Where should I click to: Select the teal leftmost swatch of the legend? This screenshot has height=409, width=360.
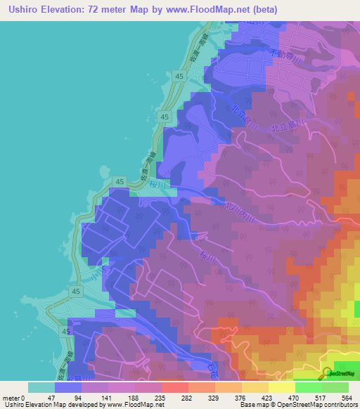(x=41, y=387)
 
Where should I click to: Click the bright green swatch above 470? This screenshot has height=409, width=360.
(x=308, y=387)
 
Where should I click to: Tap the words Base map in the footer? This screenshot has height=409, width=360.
(x=252, y=405)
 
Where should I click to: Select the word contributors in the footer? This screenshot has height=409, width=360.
(x=337, y=405)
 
